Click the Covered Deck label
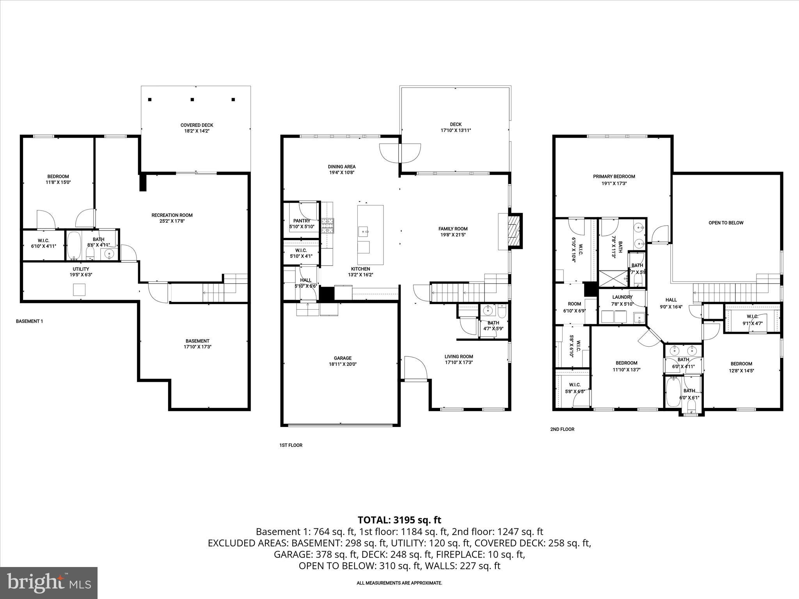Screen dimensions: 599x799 pyautogui.click(x=197, y=125)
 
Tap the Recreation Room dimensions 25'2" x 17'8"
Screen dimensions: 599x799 pyautogui.click(x=172, y=221)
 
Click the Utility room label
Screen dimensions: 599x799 pyautogui.click(x=81, y=269)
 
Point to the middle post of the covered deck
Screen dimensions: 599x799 pyautogui.click(x=192, y=99)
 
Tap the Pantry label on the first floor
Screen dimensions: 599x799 pyautogui.click(x=302, y=221)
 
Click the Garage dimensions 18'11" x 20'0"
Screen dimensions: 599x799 pyautogui.click(x=343, y=364)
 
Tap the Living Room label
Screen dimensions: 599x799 pyautogui.click(x=459, y=356)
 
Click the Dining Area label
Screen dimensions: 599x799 pyautogui.click(x=341, y=167)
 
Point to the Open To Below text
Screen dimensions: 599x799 pyautogui.click(x=726, y=223)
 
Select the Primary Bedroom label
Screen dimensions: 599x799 pyautogui.click(x=614, y=177)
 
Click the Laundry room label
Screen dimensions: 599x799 pyautogui.click(x=622, y=297)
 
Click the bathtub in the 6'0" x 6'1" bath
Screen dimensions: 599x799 pyautogui.click(x=673, y=392)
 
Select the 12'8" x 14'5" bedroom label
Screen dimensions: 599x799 pyautogui.click(x=741, y=364)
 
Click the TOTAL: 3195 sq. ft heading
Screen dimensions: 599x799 pyautogui.click(x=399, y=520)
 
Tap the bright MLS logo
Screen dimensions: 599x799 pyautogui.click(x=49, y=583)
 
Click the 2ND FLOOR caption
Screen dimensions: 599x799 pyautogui.click(x=562, y=429)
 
